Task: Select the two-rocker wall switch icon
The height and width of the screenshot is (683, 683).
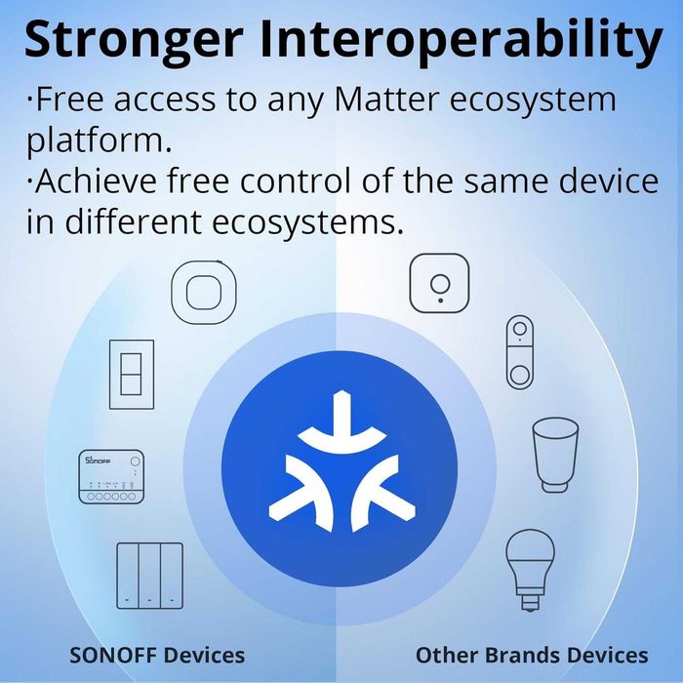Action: click(x=130, y=374)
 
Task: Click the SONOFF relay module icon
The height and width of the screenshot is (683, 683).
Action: click(x=110, y=476)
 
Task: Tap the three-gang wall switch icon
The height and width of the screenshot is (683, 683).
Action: click(x=149, y=576)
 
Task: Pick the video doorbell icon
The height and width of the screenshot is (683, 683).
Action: click(x=519, y=351)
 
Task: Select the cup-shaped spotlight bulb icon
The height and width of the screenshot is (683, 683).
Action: click(x=554, y=454)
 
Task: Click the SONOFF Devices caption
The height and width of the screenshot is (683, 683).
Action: click(x=157, y=654)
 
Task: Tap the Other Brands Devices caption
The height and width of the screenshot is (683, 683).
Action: click(x=531, y=654)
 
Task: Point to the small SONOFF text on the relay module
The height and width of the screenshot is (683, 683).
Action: click(x=98, y=459)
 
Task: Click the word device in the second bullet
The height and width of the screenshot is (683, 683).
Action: click(x=601, y=181)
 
